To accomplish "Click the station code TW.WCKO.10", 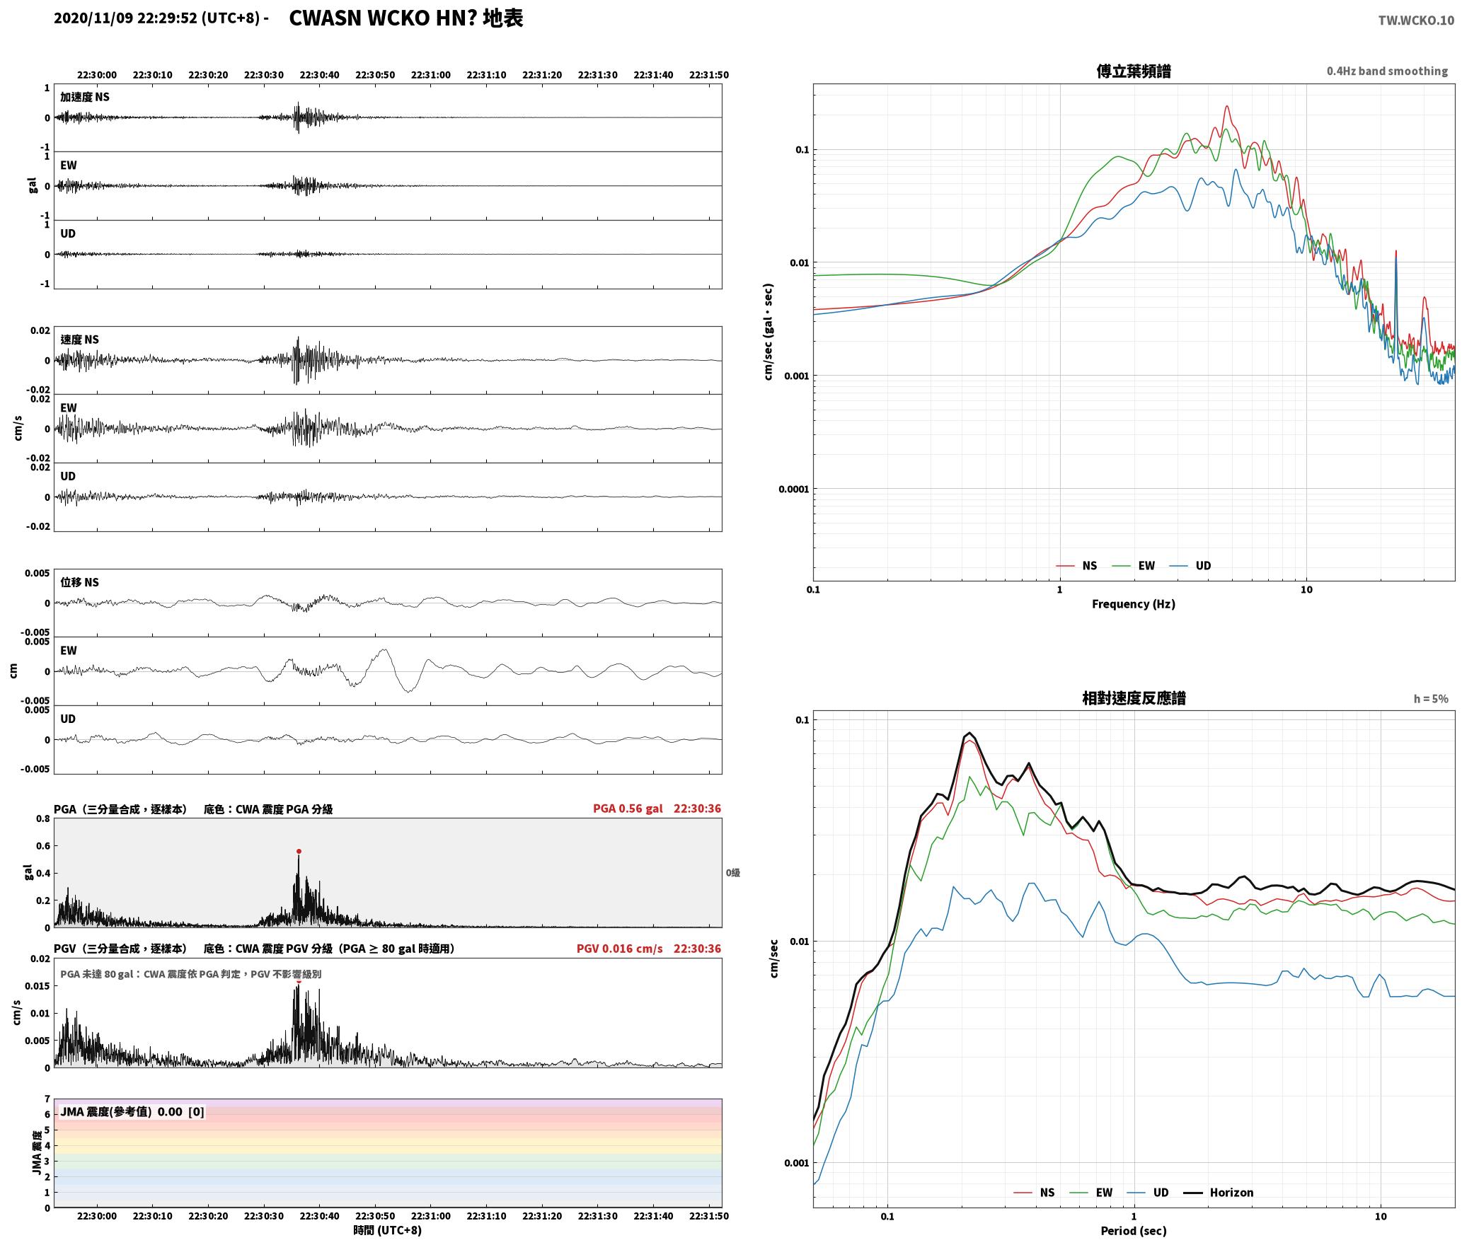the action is (x=1416, y=21).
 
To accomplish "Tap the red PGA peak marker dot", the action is (x=299, y=851).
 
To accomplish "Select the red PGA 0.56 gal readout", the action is (x=628, y=809).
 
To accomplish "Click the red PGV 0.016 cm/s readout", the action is (x=620, y=949).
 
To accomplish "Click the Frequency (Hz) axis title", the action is (x=1133, y=604).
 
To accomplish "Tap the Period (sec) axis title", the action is (x=1133, y=1231).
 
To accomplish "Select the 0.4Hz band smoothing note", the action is (x=1387, y=71).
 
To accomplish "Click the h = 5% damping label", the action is (x=1431, y=699).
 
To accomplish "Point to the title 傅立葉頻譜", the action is (x=1133, y=71).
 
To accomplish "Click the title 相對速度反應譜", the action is (x=1134, y=698).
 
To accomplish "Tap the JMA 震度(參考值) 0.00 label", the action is (x=132, y=1112).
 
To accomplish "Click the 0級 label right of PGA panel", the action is (x=732, y=873).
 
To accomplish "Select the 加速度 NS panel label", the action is (x=85, y=97).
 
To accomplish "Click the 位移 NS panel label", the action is (x=79, y=582).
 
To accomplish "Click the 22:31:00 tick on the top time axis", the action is (x=430, y=75).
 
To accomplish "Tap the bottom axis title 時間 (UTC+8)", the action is (x=387, y=1230).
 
